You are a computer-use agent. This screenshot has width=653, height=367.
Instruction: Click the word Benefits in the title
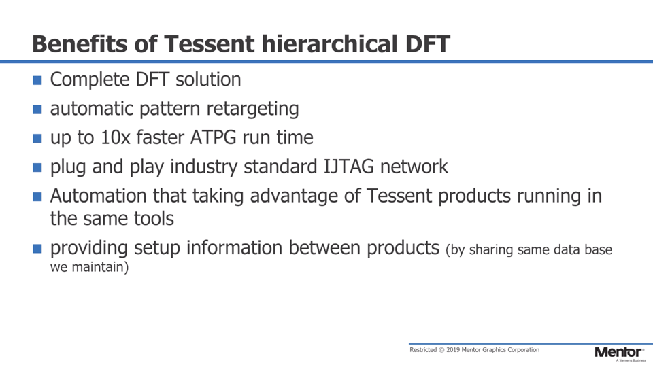tap(80, 43)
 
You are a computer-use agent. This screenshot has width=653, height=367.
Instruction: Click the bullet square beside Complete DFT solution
tap(37, 80)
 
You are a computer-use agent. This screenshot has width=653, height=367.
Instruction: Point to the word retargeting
tap(252, 109)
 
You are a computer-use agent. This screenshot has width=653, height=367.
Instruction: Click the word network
tap(414, 167)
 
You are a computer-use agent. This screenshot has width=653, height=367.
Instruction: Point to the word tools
tap(154, 219)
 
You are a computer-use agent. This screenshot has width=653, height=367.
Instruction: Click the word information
tap(234, 247)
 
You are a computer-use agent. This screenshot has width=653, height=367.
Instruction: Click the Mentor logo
tap(619, 353)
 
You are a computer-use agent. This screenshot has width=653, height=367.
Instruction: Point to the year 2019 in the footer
tap(453, 350)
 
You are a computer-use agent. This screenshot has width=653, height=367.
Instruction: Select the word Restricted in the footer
tap(423, 350)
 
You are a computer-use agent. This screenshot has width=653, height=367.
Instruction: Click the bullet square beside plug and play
tap(37, 168)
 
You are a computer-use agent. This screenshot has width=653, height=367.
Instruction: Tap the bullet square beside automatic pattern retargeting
tap(37, 109)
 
